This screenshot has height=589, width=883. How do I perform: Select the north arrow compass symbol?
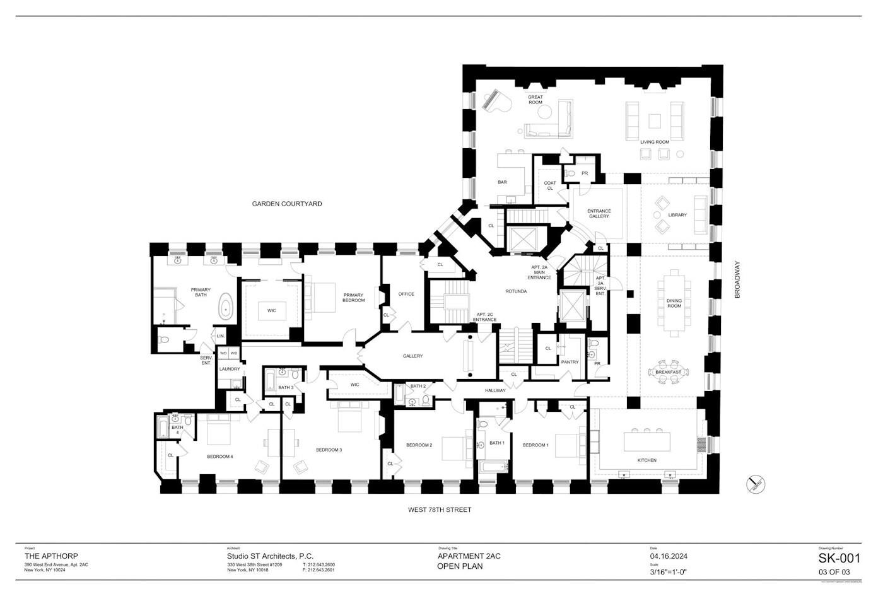(756, 485)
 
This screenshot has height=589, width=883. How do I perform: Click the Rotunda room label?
(515, 291)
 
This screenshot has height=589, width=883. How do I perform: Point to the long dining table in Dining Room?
(674, 302)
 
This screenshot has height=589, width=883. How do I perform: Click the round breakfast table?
(668, 371)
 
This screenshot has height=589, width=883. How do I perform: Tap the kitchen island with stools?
(646, 441)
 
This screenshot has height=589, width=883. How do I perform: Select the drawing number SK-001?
(839, 558)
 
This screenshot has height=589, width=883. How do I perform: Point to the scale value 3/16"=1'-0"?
(668, 572)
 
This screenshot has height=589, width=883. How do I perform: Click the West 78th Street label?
(440, 510)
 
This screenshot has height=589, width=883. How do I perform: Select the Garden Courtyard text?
(287, 204)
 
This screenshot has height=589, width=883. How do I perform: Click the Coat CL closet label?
(550, 185)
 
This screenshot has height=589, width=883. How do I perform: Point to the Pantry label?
(570, 362)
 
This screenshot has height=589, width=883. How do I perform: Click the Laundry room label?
(230, 369)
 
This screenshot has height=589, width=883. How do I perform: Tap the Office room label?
(406, 294)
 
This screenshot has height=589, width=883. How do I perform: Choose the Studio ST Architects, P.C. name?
(270, 556)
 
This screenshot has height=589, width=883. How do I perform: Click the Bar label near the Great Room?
(502, 182)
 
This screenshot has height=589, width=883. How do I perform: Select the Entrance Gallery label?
(599, 214)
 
